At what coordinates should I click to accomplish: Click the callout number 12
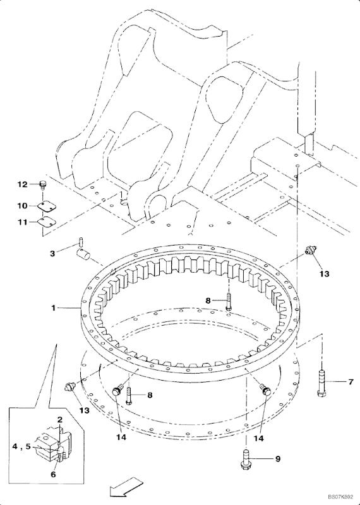coord(22,184)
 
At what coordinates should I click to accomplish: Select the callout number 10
coord(22,206)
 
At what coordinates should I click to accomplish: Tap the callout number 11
coord(22,222)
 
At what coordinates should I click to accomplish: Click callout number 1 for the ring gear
coord(55,307)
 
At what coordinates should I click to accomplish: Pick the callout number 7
coord(347,382)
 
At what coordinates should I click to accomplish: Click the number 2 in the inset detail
coord(59,419)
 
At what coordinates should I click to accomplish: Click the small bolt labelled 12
coord(43,184)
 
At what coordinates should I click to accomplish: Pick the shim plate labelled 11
coord(45,222)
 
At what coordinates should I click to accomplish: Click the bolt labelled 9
coord(244,459)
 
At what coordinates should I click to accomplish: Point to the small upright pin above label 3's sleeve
coord(83,240)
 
